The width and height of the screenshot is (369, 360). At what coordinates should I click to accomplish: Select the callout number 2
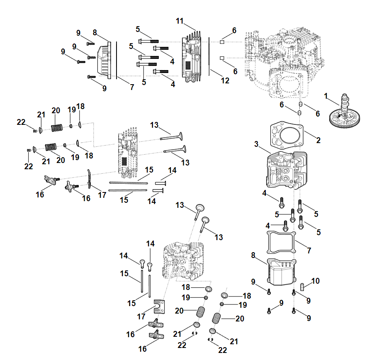(318, 140)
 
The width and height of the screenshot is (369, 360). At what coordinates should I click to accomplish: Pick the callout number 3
(257, 144)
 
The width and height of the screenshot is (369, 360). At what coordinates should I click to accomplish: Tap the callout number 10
(316, 281)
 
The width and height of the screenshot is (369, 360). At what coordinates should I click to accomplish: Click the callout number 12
(225, 80)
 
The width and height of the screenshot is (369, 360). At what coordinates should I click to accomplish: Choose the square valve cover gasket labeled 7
(280, 243)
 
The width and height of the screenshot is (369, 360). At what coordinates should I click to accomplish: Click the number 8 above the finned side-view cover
(95, 32)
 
